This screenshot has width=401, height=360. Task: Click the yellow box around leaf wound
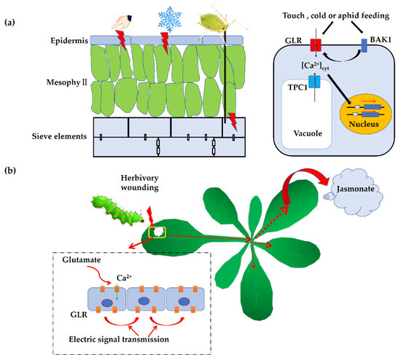157,232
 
